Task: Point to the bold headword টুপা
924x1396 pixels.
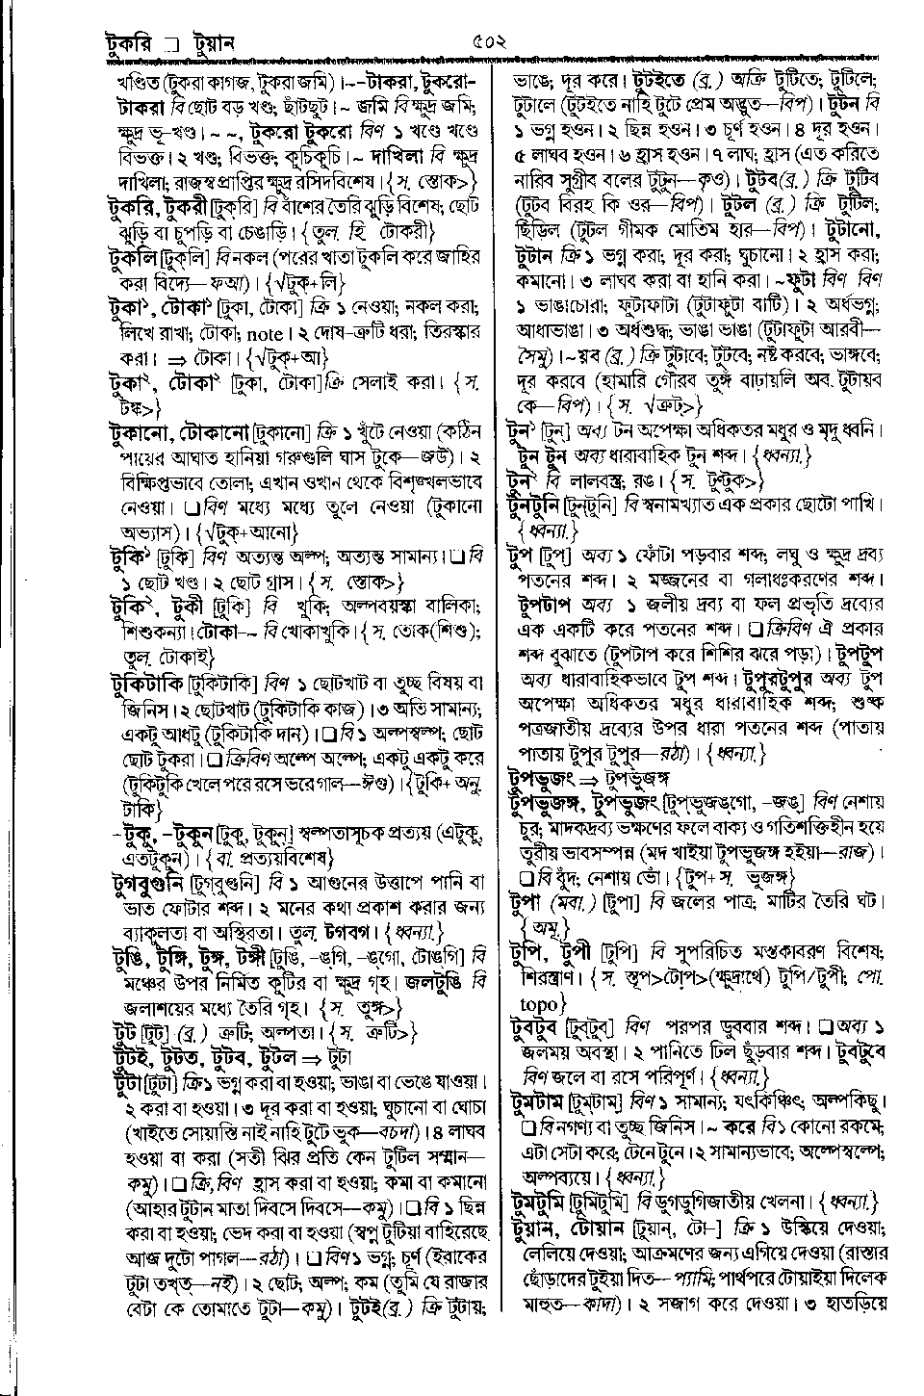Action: [526, 903]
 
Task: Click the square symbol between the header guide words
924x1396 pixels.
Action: [172, 44]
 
